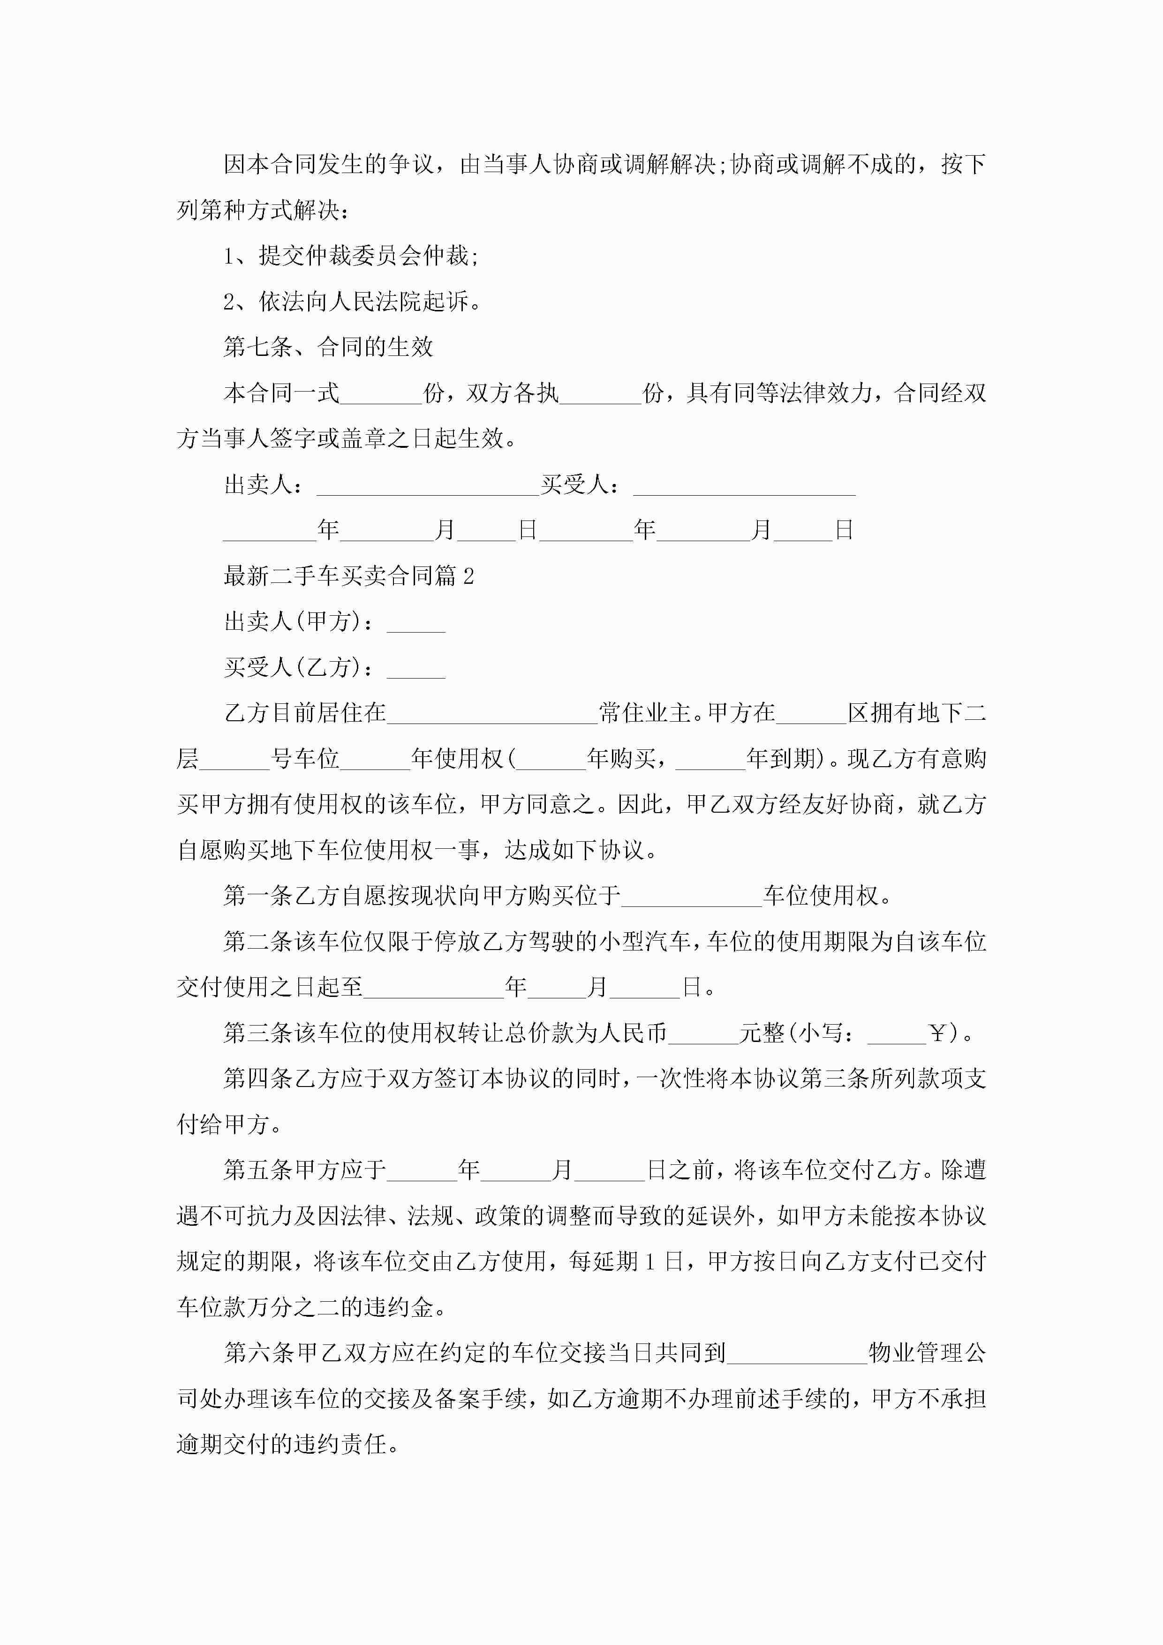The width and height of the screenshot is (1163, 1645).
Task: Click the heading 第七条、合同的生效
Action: tap(328, 347)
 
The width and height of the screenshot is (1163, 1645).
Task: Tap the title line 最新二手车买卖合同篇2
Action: tap(348, 576)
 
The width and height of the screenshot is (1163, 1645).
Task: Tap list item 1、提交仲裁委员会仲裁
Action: tap(350, 256)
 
